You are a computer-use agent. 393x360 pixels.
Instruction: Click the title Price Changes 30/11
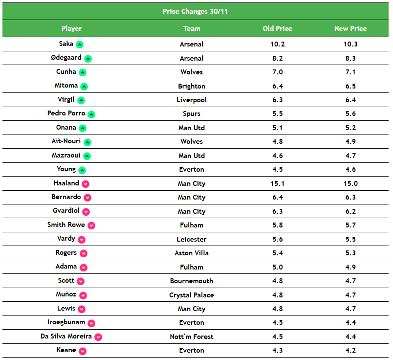[195, 11]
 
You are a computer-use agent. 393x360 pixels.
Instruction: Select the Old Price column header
[277, 28]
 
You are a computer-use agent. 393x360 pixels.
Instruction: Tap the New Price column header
[350, 28]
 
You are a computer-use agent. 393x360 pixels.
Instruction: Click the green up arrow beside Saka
[80, 45]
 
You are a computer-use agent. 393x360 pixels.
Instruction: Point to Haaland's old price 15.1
[277, 183]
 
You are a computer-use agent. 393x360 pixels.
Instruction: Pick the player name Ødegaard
[66, 58]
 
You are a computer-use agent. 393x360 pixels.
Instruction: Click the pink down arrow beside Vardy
[82, 240]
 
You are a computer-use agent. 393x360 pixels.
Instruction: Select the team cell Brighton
[192, 86]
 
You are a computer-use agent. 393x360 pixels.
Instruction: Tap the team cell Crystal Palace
[192, 295]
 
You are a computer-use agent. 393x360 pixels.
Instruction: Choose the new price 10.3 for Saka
[350, 44]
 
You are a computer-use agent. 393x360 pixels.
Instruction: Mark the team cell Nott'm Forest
[192, 337]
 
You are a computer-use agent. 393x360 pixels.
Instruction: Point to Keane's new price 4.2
[350, 350]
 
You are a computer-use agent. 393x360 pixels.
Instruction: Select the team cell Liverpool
[192, 100]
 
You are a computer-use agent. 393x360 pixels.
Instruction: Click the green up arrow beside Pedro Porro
[91, 114]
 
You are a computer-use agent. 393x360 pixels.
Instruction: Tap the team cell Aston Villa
[192, 253]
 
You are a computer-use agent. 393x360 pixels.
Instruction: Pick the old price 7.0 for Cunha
[277, 72]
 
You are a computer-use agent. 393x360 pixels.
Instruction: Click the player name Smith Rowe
[66, 225]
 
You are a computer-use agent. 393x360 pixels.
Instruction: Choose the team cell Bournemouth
[192, 281]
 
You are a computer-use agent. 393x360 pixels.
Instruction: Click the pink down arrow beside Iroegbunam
[91, 323]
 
